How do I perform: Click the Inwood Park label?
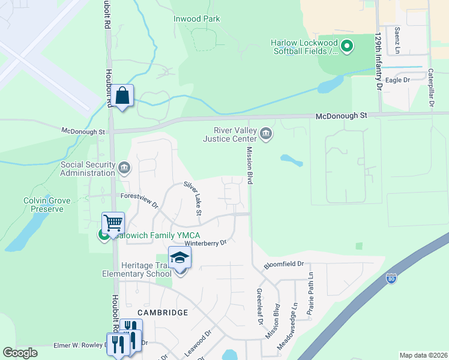[197, 19]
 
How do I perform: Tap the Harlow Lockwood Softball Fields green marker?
[347, 45]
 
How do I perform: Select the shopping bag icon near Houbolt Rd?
[122, 95]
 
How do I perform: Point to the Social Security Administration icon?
[124, 167]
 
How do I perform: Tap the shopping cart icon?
[113, 223]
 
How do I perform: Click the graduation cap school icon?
[179, 258]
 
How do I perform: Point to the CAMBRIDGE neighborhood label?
[163, 313]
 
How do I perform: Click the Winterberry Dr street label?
[206, 243]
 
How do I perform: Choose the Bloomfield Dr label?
[285, 263]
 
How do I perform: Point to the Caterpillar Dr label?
[430, 88]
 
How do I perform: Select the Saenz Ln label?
[397, 38]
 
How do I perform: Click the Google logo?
[20, 353]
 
